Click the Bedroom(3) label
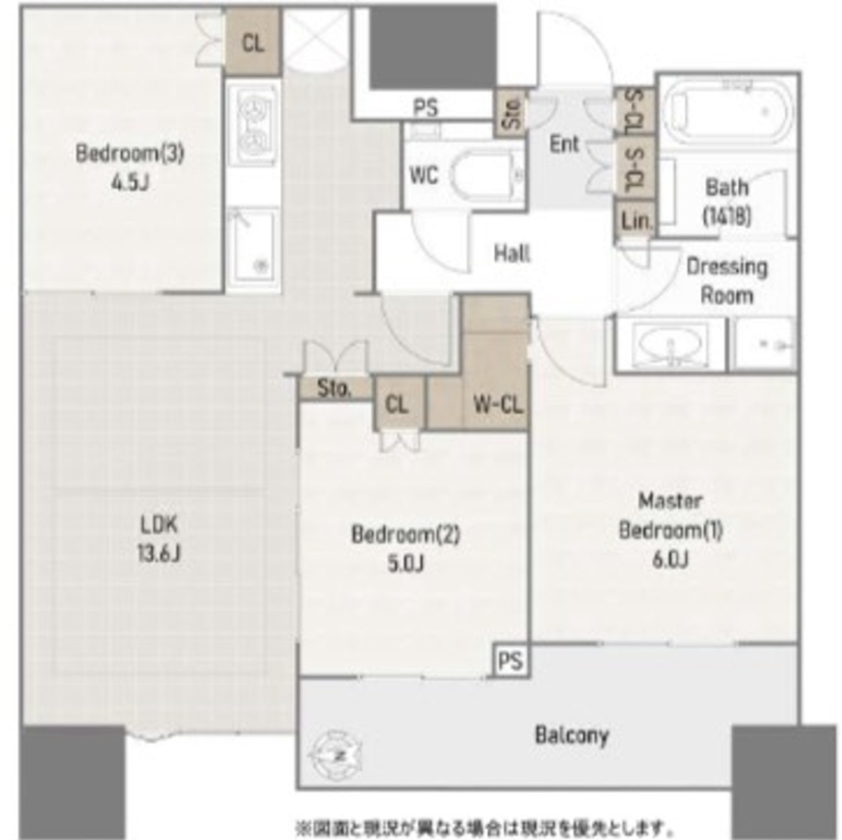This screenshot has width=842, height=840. (129, 166)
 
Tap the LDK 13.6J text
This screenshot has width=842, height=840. (159, 538)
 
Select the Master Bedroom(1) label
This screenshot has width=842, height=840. (670, 530)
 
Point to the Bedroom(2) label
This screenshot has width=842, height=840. (405, 547)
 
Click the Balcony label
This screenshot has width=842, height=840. (571, 735)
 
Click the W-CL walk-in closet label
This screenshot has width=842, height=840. (498, 404)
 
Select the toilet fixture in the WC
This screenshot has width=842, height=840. (486, 176)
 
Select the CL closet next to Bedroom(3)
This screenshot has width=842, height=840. (253, 43)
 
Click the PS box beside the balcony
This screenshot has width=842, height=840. (510, 660)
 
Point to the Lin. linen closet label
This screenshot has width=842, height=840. (636, 221)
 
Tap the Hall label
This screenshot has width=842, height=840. (512, 254)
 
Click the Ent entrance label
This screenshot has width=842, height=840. (564, 144)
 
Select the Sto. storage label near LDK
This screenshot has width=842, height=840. (334, 389)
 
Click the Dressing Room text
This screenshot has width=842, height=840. (727, 280)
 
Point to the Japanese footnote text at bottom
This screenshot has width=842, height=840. (484, 828)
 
